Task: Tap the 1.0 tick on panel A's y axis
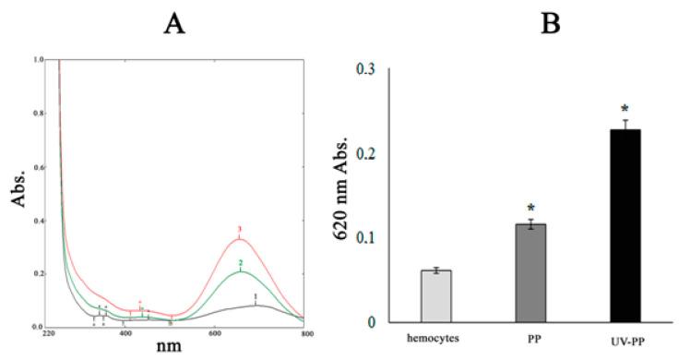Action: [38, 60]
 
